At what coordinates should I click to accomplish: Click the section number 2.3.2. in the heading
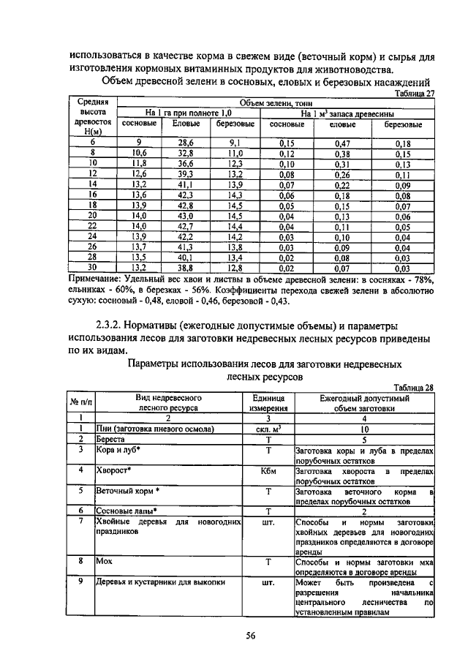tap(113, 324)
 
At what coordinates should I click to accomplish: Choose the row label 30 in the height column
tap(93, 268)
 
